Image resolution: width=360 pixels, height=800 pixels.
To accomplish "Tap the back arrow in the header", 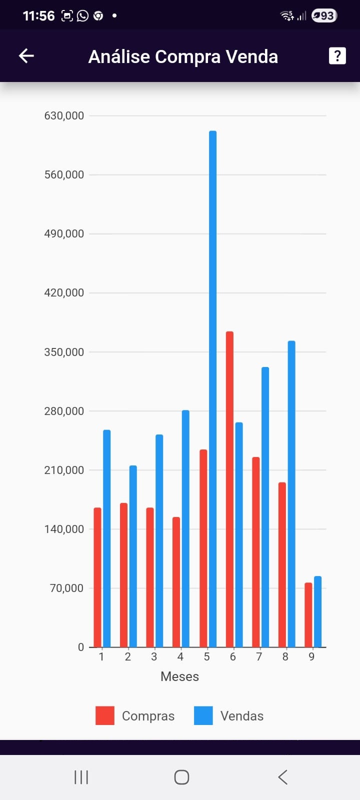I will tap(26, 56).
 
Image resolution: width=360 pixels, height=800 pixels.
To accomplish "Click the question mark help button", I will tap(337, 56).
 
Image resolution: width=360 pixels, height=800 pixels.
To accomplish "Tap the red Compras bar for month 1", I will tap(97, 577).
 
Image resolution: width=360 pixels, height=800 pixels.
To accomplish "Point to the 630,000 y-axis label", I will tap(64, 116).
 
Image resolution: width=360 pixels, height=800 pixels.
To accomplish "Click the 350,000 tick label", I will tap(64, 352).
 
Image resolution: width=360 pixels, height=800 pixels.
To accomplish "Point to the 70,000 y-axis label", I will tap(66, 588).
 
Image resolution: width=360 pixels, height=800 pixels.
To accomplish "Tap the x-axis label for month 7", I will tap(259, 657).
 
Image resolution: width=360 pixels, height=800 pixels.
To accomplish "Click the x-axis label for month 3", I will tap(154, 657).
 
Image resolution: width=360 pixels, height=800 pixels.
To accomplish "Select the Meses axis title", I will tap(179, 676).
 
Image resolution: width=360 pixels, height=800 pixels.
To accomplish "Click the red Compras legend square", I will tap(105, 715).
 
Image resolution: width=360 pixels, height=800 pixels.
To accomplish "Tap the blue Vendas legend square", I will tap(203, 715).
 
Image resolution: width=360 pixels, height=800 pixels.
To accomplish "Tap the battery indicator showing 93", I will tap(324, 16).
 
